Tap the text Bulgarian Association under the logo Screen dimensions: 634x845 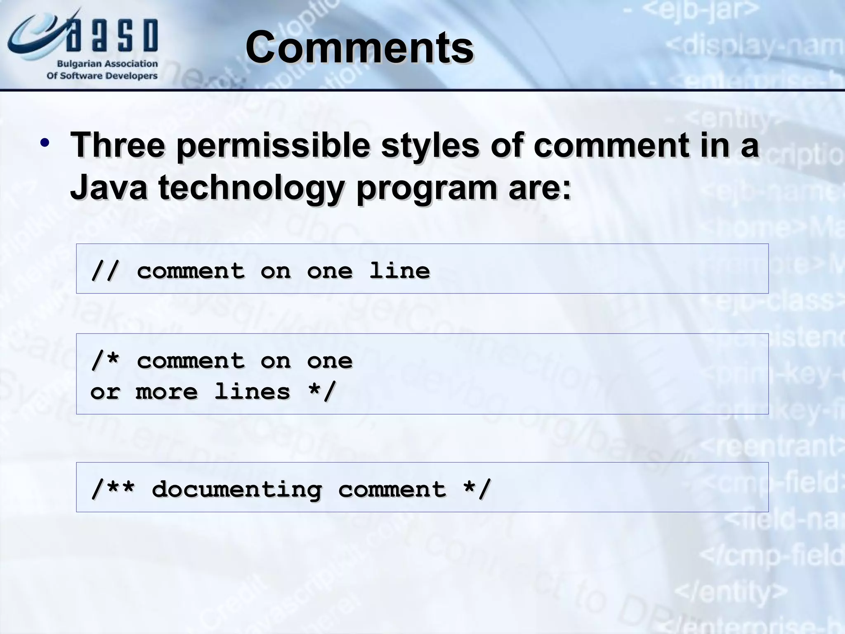click(107, 64)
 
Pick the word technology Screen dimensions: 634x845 click(252, 188)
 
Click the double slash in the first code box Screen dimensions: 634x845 click(105, 271)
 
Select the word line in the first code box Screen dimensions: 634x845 click(399, 271)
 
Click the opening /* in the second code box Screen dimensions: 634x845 click(105, 361)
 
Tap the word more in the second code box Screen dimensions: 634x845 click(167, 391)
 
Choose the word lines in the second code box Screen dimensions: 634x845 click(252, 391)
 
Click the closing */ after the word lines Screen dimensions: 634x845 click(322, 391)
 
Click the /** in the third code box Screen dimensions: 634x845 click(113, 490)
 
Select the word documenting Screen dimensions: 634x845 click(236, 490)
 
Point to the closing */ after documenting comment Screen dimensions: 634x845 click(477, 490)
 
